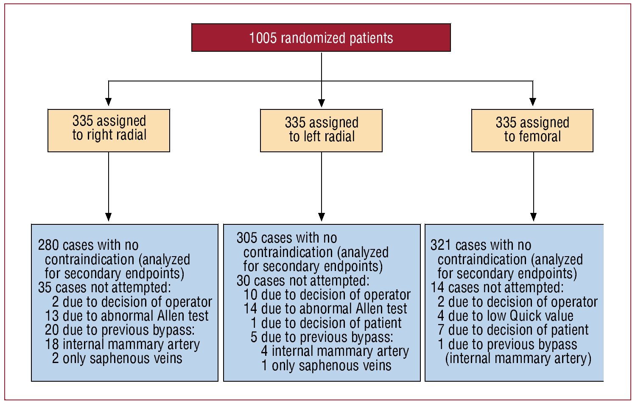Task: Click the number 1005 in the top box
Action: (x=263, y=38)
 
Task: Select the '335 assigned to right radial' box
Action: (x=109, y=130)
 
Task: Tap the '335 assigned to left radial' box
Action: (x=321, y=130)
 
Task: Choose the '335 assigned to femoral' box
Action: (x=532, y=130)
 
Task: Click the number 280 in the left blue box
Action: (x=48, y=245)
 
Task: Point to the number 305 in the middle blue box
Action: (x=246, y=238)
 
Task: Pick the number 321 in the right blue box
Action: (x=441, y=245)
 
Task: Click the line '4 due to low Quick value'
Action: (x=505, y=316)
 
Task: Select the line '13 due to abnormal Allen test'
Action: (x=126, y=316)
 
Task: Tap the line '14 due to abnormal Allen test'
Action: (x=325, y=309)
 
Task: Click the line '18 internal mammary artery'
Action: (x=122, y=344)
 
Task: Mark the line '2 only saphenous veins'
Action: (x=117, y=358)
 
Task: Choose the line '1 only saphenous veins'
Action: (x=326, y=366)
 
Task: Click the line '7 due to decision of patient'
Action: (x=513, y=330)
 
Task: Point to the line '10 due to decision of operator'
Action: (x=327, y=295)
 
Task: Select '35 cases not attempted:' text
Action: (x=104, y=288)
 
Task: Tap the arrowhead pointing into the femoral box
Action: (x=533, y=102)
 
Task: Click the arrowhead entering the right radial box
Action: (x=109, y=102)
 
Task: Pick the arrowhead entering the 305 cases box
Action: (x=322, y=217)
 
